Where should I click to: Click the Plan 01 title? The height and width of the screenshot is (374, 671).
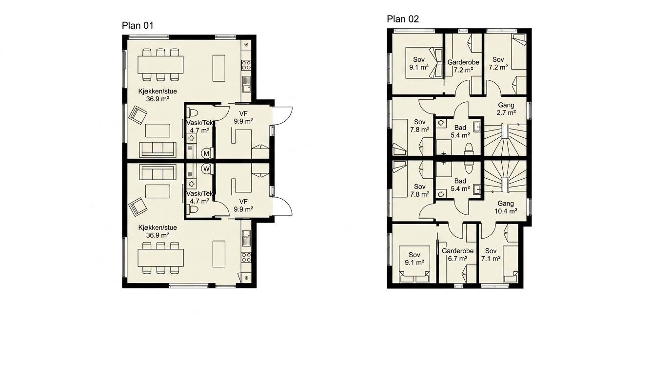click(x=138, y=26)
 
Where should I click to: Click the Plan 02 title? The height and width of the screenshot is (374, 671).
click(x=403, y=19)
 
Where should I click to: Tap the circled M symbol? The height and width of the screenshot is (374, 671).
click(x=206, y=153)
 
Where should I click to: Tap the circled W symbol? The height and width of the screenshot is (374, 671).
click(x=206, y=169)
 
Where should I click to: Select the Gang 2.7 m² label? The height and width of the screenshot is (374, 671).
click(x=506, y=109)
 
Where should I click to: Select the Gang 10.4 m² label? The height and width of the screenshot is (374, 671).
click(x=506, y=207)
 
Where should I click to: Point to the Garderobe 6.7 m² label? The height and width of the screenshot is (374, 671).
click(x=457, y=255)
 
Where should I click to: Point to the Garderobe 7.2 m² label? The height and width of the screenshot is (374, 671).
click(x=463, y=66)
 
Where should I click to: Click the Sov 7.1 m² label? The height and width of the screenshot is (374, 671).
click(x=491, y=255)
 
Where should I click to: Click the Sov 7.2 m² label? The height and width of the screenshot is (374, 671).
click(x=498, y=63)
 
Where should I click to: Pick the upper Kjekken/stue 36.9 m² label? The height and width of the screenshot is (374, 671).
click(x=158, y=95)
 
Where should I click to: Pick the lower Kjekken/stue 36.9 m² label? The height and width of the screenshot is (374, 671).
click(x=158, y=231)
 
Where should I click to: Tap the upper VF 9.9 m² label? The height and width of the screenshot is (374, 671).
click(x=243, y=117)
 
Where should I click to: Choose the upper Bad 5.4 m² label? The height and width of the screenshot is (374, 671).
click(x=460, y=131)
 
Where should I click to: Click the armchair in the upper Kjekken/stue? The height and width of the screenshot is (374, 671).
click(x=138, y=115)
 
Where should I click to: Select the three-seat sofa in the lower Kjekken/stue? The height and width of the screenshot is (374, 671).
click(x=158, y=172)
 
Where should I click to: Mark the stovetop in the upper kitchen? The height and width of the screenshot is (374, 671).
click(x=246, y=65)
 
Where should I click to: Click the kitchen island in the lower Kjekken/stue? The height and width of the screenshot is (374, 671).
click(x=218, y=254)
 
